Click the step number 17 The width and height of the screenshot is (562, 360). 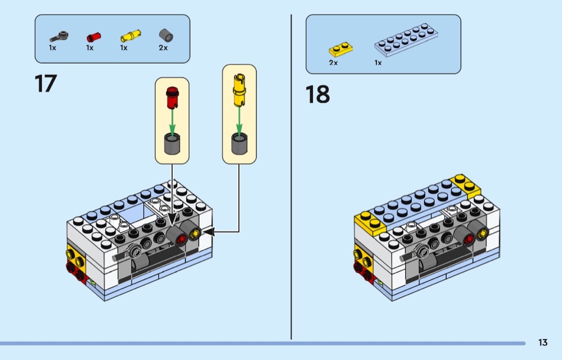pos(45,84)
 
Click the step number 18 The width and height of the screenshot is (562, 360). pos(317,95)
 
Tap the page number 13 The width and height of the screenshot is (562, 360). pos(543,343)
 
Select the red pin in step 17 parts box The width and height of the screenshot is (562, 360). pos(94,37)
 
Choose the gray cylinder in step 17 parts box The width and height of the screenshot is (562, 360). pos(166,36)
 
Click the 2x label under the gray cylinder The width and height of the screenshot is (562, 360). pos(163,48)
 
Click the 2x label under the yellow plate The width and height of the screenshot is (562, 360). pos(333,63)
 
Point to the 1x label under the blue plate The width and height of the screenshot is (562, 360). pos(378,63)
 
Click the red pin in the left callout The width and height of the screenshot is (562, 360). pos(172,96)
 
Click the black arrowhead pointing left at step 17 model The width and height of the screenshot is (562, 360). pos(209,232)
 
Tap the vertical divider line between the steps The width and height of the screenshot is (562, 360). pos(291,177)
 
